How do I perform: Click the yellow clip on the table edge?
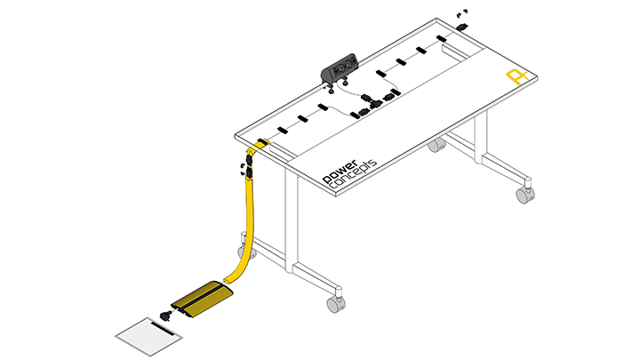260,142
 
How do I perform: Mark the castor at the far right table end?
525,192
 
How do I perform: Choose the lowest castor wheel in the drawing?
336,303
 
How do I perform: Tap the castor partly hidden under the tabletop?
436,144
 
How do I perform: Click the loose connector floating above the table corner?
460,15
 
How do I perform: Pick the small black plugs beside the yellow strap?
241,167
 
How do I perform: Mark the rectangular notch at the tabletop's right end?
454,52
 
